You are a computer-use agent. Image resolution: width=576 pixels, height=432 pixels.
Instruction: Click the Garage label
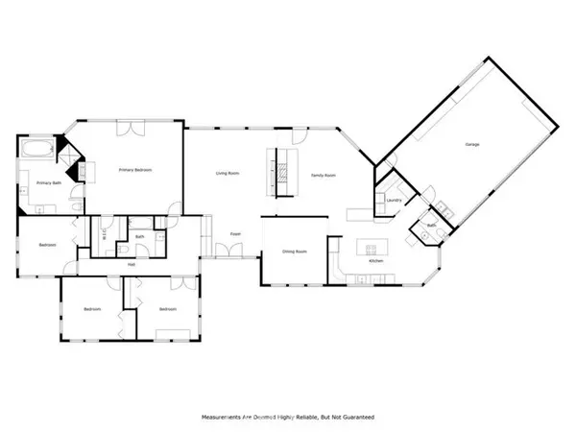[472, 144]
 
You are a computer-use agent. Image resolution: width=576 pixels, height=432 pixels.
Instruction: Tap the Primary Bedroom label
[135, 169]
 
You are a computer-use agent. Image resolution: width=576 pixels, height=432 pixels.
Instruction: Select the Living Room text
[227, 173]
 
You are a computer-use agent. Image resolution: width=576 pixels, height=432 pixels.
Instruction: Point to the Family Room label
[323, 175]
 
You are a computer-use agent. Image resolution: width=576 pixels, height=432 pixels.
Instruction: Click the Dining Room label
[294, 252]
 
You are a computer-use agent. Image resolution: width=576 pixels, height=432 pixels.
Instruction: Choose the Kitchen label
[376, 261]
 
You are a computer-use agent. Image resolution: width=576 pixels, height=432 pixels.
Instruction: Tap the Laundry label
[393, 200]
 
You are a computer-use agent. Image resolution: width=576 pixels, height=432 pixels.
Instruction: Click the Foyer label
[235, 233]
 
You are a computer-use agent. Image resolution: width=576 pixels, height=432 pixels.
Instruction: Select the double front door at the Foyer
[228, 252]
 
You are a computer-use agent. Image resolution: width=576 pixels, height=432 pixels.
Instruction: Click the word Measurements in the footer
[224, 417]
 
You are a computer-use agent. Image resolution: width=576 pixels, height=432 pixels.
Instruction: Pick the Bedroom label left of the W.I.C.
[48, 245]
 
